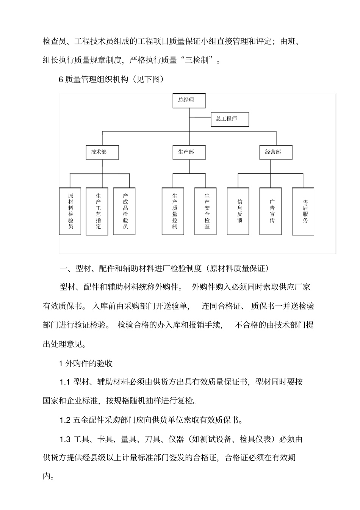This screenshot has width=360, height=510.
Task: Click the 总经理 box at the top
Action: click(x=189, y=100)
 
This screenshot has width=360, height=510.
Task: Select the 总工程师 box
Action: click(x=230, y=119)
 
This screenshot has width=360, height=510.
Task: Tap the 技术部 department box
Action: click(x=102, y=152)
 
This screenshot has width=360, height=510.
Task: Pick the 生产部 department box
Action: click(x=189, y=152)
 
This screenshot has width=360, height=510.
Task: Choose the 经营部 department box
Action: click(x=275, y=152)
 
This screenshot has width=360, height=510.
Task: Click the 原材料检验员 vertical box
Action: click(x=70, y=211)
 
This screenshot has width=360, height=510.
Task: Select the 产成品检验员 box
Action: click(x=125, y=211)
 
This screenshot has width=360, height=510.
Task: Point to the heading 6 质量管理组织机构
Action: click(x=111, y=79)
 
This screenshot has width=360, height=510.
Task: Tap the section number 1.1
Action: click(x=65, y=382)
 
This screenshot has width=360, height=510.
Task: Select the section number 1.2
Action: click(x=65, y=420)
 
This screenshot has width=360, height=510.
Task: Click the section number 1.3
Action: click(x=65, y=439)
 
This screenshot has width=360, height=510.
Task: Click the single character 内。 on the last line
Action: click(x=48, y=477)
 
